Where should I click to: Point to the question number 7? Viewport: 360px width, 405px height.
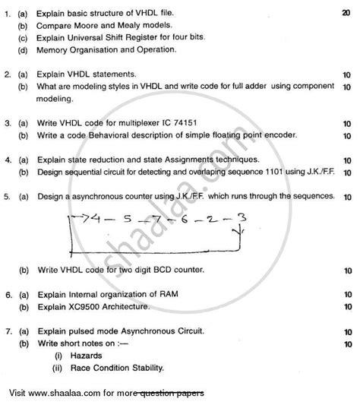8,331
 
